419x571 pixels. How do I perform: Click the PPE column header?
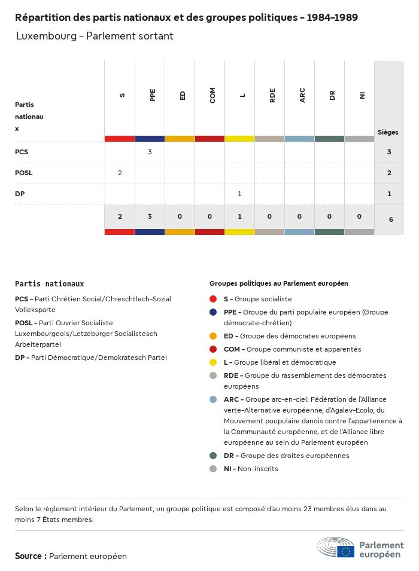point(153,95)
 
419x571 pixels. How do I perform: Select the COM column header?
point(212,95)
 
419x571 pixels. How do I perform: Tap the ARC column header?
point(302,95)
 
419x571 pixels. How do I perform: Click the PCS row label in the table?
point(22,152)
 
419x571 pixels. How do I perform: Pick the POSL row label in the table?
point(24,173)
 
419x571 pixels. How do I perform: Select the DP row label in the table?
point(20,194)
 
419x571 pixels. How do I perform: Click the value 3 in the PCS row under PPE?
point(150,152)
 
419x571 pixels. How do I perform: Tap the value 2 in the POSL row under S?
point(120,173)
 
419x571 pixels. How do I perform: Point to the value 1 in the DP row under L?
point(239,194)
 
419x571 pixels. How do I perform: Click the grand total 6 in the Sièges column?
point(391,219)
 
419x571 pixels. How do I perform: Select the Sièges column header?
point(388,132)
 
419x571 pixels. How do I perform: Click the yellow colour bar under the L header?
point(239,139)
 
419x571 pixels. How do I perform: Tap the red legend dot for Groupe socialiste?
point(213,299)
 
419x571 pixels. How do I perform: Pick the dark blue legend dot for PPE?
point(213,312)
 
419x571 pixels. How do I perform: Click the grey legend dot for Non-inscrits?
point(213,469)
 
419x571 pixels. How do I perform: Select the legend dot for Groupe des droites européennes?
point(213,456)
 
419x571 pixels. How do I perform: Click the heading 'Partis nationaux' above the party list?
point(49,284)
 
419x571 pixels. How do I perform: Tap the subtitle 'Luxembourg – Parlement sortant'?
point(95,36)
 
